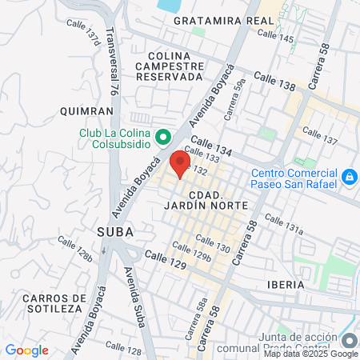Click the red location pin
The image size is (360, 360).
pos(179,162)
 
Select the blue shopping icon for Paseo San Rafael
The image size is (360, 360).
pos(349,176)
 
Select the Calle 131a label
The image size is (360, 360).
pos(285,223)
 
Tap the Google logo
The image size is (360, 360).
pos(26,350)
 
